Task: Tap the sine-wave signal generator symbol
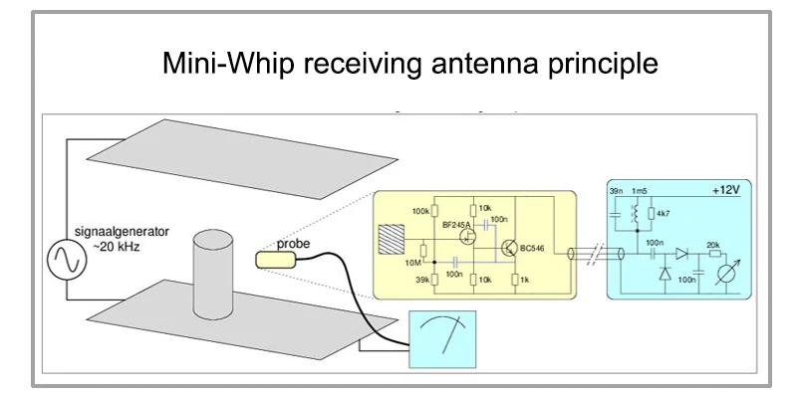69,261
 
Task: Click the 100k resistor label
419,212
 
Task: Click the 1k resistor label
526,281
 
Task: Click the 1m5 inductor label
639,189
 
